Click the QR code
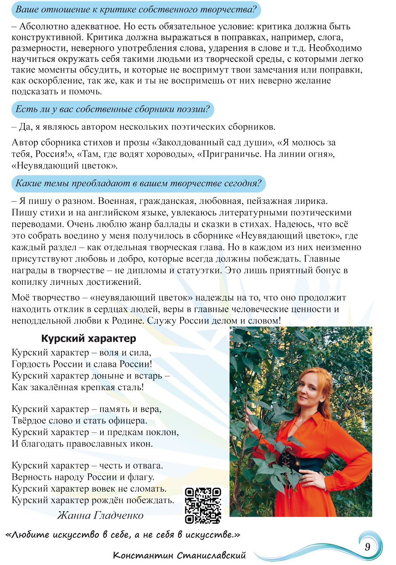(203, 505)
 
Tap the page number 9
(367, 546)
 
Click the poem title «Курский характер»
(89, 338)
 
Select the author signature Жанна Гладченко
(100, 515)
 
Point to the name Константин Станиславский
(179, 555)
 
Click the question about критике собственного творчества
(136, 10)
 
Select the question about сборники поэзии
(113, 109)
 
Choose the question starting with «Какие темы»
(138, 183)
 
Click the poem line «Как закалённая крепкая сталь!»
(78, 387)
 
